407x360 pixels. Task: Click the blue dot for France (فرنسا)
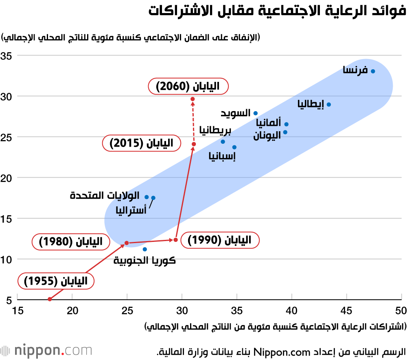pos(373,71)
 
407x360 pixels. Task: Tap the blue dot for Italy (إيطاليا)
pos(329,104)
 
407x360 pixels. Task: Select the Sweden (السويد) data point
pos(256,113)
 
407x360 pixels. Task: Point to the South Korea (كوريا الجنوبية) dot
pos(145,249)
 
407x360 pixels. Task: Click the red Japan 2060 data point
pos(193,99)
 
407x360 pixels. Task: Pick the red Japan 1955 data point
pos(50,299)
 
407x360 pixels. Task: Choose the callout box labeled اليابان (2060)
pos(188,86)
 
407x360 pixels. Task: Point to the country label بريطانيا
pos(216,130)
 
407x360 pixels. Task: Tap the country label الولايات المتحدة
pos(105,196)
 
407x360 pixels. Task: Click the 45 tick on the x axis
pos(346,311)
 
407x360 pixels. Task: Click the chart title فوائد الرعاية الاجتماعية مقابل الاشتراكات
pos(277,11)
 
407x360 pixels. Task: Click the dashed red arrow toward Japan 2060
pos(193,122)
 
